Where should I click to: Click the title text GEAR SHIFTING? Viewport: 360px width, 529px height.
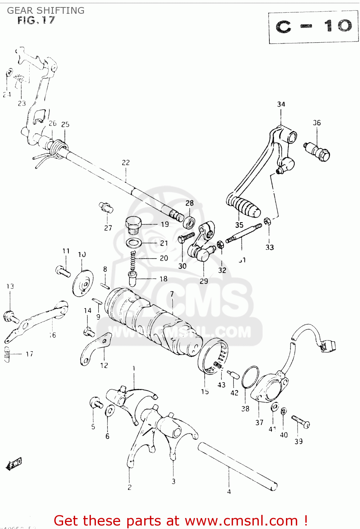coord(46,11)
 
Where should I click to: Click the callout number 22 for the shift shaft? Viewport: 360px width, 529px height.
coord(126,163)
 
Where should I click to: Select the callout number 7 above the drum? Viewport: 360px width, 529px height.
coord(172,294)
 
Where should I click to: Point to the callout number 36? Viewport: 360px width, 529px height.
coord(317,123)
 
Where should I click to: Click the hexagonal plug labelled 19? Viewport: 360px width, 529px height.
coord(134,224)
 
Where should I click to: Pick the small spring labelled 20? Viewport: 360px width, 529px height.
coord(133,261)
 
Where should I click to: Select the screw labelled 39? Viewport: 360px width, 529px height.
coord(301,422)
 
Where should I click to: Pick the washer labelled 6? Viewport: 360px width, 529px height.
coord(110,411)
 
